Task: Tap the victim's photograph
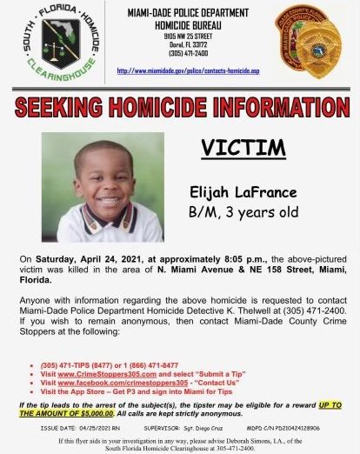(x=103, y=187)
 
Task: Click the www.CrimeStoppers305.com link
(x=108, y=374)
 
